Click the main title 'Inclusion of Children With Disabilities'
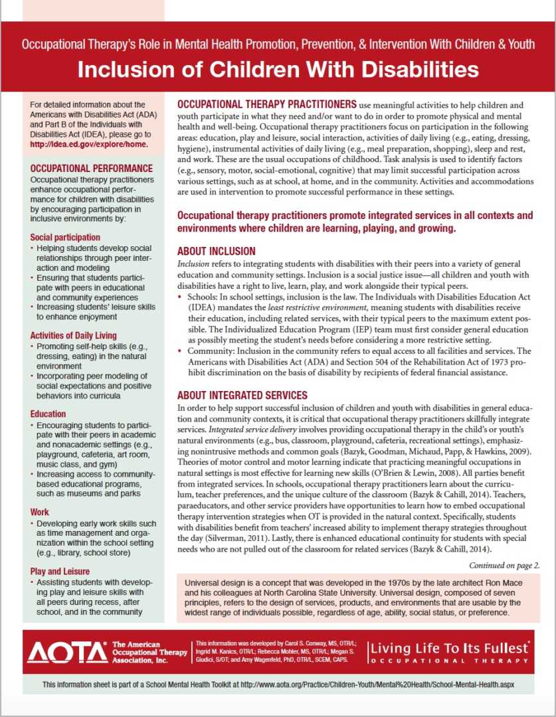pos(278,70)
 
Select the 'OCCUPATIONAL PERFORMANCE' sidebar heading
pos(92,169)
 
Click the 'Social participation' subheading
pos(65,237)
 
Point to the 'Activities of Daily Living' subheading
pos(73,335)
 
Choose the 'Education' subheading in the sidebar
pos(48,414)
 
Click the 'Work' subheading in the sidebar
pos(40,512)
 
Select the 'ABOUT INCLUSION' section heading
pos(216,252)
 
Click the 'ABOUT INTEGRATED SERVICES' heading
pos(242,396)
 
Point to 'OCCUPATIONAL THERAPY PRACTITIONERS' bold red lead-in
pos(266,105)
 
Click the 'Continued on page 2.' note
pos(504,566)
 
